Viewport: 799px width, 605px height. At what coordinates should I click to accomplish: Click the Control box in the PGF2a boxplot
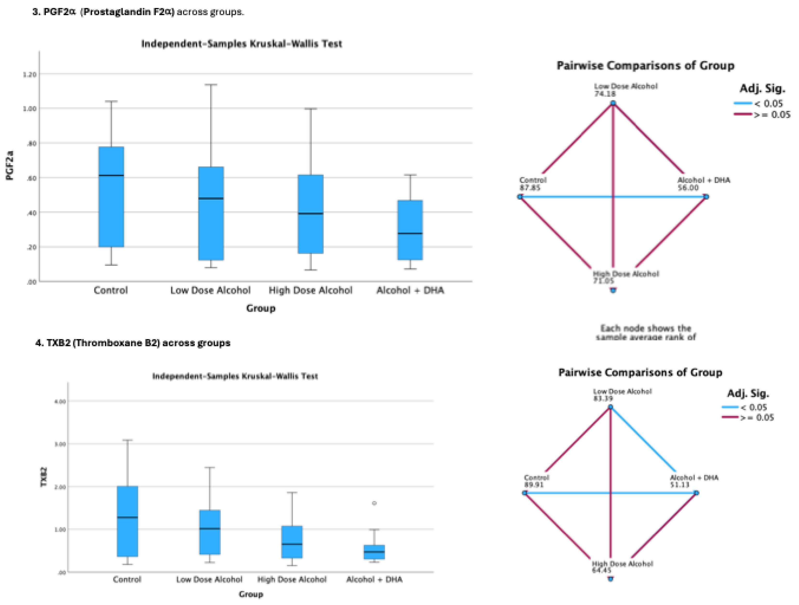111,210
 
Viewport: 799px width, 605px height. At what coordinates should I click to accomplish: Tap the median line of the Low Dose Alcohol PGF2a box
211,198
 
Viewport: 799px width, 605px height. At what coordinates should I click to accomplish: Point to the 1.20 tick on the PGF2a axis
30,74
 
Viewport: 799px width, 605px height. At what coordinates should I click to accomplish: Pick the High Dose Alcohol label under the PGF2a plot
310,290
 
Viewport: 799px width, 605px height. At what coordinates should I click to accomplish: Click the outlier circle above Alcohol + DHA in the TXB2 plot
374,503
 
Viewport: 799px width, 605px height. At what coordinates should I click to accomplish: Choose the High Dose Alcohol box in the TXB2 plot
292,542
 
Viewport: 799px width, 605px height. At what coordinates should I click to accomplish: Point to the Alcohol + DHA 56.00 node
706,197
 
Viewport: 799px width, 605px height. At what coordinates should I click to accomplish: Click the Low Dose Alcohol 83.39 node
610,407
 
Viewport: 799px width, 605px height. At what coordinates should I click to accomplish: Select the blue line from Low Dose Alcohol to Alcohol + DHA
643,439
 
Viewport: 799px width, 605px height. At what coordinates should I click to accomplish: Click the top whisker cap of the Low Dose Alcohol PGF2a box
211,85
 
